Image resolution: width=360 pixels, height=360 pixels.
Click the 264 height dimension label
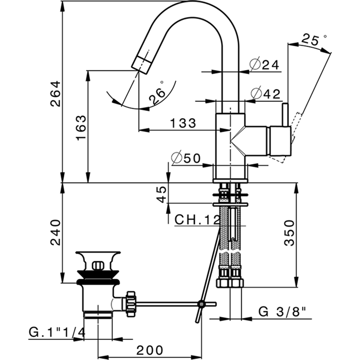click(x=56, y=94)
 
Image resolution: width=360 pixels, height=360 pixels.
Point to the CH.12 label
click(x=197, y=220)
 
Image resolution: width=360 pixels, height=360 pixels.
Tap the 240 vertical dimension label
click(x=56, y=232)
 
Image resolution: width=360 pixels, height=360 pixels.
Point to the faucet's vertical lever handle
click(x=284, y=129)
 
